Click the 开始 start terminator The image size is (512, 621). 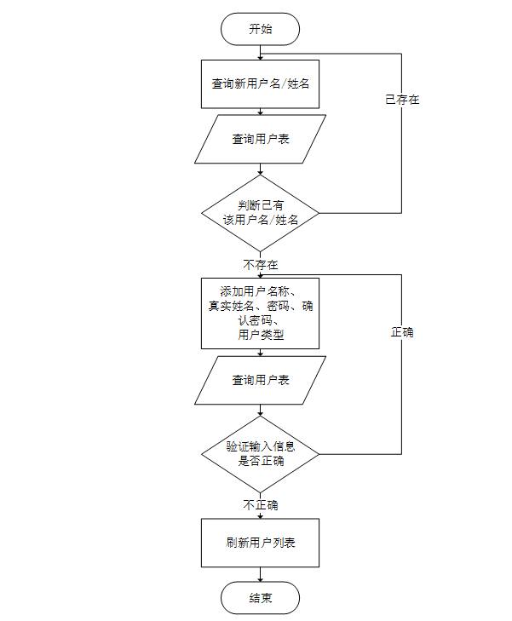[x=260, y=29]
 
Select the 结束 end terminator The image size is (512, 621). [x=260, y=598]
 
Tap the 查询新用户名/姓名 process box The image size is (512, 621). [x=260, y=83]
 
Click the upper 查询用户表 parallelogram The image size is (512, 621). [x=260, y=139]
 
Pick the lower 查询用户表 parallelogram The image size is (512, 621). [x=260, y=380]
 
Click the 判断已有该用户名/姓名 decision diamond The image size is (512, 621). [x=260, y=212]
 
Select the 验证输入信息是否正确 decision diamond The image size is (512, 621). [x=260, y=453]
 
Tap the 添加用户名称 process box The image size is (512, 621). [x=260, y=313]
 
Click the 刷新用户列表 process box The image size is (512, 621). [x=260, y=543]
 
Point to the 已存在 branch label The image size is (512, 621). [x=402, y=100]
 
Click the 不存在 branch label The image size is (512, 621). [x=260, y=264]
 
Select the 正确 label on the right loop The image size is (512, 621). [x=402, y=332]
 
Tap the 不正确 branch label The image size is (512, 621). [x=260, y=505]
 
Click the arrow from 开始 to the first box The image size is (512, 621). [x=260, y=52]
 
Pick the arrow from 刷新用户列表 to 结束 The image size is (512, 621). [x=260, y=574]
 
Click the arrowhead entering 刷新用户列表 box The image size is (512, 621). [x=260, y=515]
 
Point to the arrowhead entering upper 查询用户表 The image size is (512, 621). [x=260, y=112]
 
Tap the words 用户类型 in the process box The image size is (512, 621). [x=260, y=336]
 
